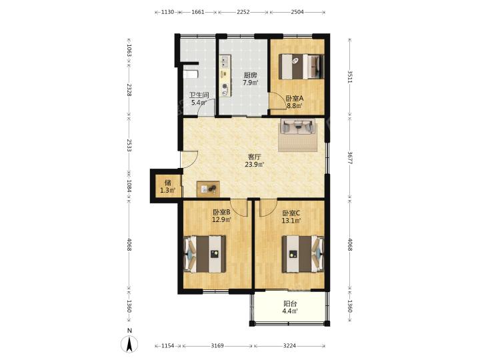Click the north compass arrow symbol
130,344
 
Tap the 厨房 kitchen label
250,75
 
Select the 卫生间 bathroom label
199,95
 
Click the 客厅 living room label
254,157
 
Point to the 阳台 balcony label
290,304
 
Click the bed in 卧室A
301,66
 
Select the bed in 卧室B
205,254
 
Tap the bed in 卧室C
303,254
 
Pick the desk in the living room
208,189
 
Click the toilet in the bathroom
191,75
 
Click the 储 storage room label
167,183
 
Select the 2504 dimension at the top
297,12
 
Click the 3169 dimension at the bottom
217,346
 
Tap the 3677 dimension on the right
350,157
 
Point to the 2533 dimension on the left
129,145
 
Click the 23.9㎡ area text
255,165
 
